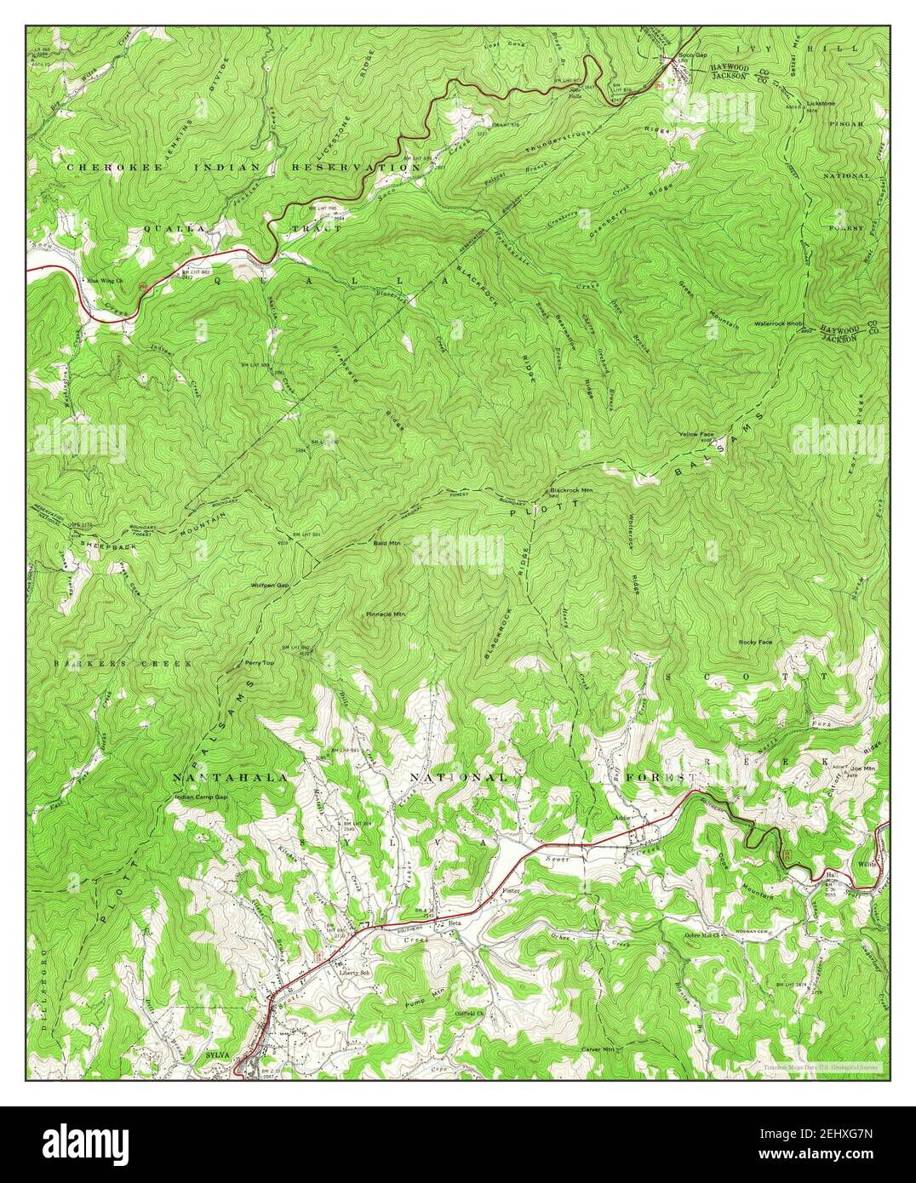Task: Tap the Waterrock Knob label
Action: tap(778, 324)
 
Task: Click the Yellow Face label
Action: tap(696, 434)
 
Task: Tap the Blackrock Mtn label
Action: tap(571, 490)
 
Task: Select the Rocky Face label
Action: tap(755, 642)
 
